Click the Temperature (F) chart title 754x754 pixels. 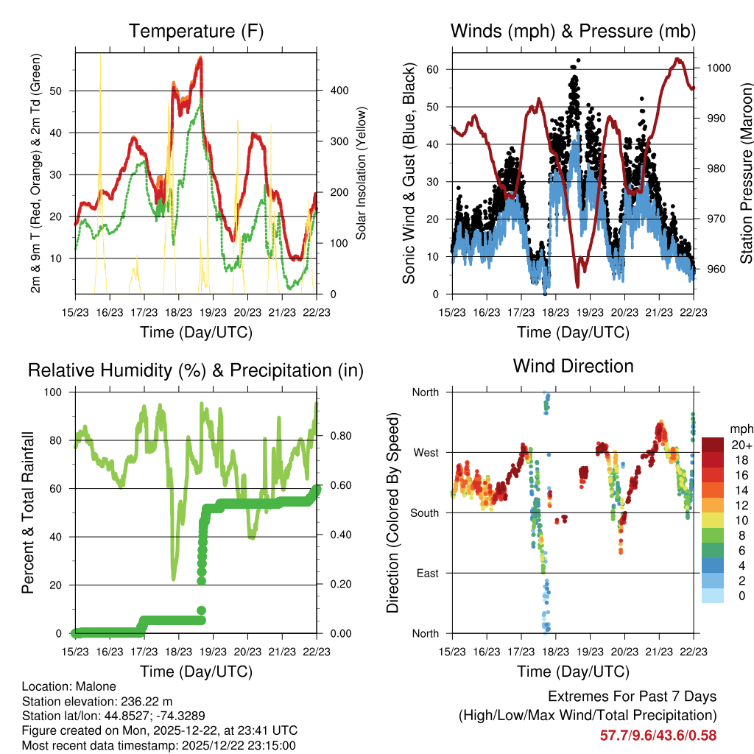click(x=195, y=32)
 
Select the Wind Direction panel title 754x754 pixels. click(x=573, y=366)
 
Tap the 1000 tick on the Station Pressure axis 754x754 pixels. click(x=717, y=68)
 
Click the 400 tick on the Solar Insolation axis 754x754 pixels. click(x=339, y=91)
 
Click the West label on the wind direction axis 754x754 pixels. click(x=426, y=452)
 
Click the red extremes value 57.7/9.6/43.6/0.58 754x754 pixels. click(x=658, y=736)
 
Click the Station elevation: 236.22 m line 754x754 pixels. click(x=96, y=701)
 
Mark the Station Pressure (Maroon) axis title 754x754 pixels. click(x=745, y=163)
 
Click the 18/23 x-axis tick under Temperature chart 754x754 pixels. click(x=179, y=311)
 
